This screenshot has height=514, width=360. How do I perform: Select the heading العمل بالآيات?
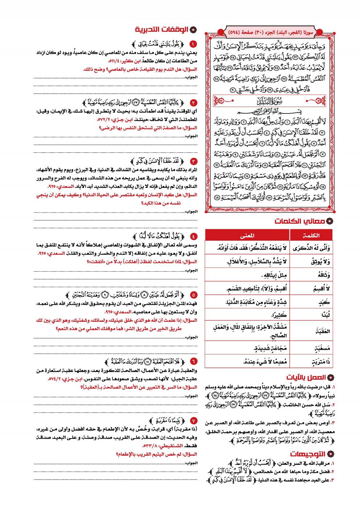pyautogui.click(x=306, y=377)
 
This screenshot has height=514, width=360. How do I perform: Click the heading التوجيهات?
pyautogui.click(x=308, y=454)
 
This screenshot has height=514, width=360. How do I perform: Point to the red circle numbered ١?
pyautogui.click(x=193, y=44)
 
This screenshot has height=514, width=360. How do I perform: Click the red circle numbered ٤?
pyautogui.click(x=193, y=237)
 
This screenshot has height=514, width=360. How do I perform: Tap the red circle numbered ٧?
pyautogui.click(x=193, y=421)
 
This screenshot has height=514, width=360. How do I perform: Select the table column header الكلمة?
pyautogui.click(x=311, y=235)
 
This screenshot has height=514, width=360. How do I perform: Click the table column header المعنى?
pyautogui.click(x=247, y=235)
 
